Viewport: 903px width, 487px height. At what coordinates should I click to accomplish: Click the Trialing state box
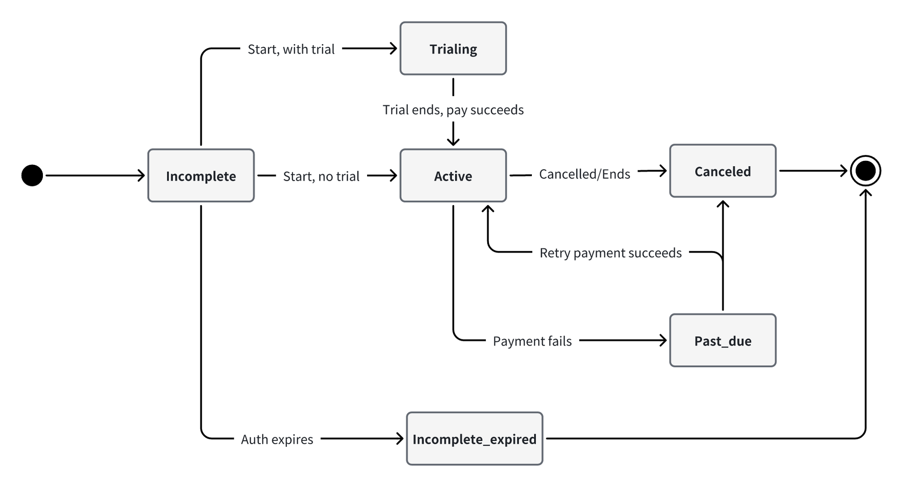453,48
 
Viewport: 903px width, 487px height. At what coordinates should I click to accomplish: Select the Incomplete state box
201,175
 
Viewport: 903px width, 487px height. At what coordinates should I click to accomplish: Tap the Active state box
453,175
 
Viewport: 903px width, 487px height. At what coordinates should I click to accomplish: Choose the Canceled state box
722,171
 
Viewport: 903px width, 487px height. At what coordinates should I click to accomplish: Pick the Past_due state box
722,340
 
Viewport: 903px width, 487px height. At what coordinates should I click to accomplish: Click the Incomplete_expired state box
474,438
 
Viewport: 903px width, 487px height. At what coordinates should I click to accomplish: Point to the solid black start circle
32,175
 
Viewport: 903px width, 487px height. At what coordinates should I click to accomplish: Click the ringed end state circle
865,171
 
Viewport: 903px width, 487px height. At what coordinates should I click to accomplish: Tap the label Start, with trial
291,49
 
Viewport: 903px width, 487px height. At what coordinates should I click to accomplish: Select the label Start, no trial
321,176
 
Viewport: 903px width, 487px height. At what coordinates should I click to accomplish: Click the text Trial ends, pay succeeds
453,110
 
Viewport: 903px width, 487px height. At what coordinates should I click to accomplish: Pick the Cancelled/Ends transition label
584,174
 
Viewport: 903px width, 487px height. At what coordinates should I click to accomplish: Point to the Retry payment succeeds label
610,253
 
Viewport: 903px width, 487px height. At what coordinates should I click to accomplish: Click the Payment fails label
532,341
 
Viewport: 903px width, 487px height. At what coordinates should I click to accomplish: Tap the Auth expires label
277,439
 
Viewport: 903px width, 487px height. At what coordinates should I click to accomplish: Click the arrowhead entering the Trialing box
393,48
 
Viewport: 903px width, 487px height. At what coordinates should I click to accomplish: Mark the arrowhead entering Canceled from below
723,204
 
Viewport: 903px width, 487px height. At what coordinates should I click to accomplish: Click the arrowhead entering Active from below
488,209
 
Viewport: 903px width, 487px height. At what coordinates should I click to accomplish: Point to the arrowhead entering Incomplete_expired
400,438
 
